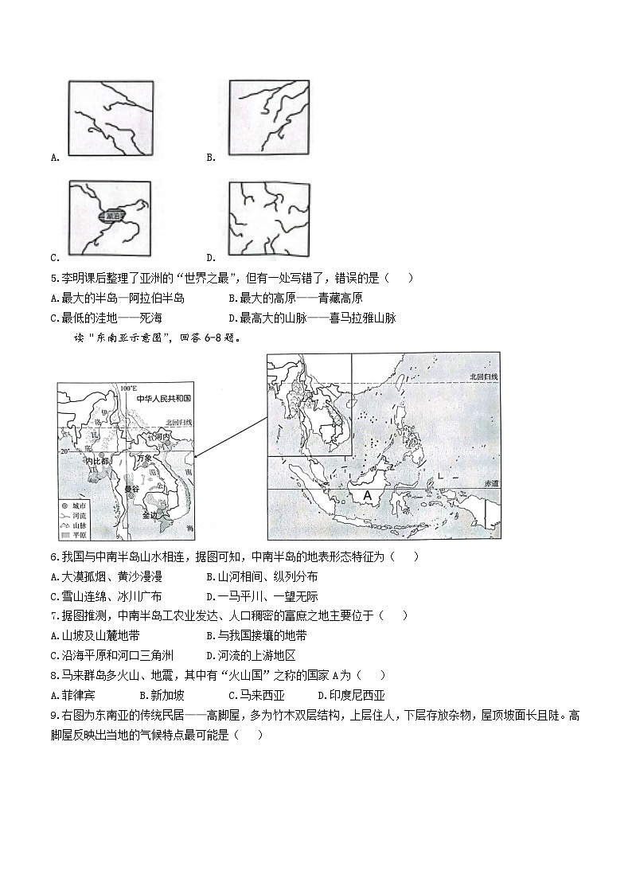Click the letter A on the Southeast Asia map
367,495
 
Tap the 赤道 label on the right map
489,483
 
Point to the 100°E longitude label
128,388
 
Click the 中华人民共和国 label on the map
164,398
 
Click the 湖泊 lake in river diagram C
111,216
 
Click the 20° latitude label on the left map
64,451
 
